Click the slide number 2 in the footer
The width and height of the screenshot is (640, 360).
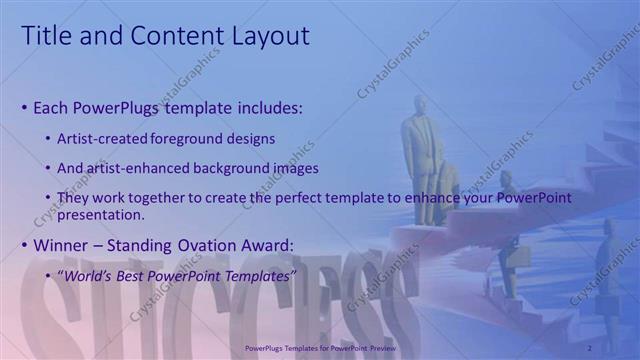coord(590,347)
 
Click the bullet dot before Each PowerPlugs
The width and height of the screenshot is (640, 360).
coord(24,107)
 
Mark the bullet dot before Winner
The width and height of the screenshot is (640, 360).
coord(24,246)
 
